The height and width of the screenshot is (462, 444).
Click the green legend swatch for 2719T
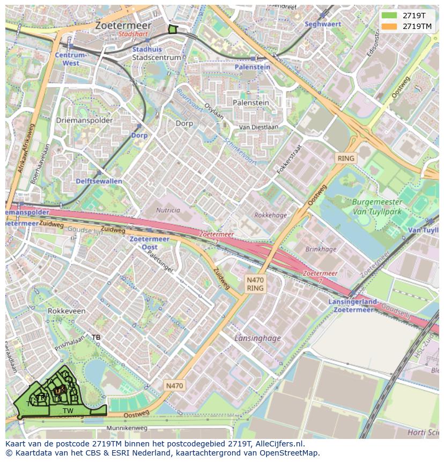pyautogui.click(x=389, y=16)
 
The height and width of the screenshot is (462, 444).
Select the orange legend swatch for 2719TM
pyautogui.click(x=389, y=26)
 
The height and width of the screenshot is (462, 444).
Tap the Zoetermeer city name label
pyautogui.click(x=123, y=25)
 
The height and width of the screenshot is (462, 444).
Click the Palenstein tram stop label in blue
pyautogui.click(x=252, y=67)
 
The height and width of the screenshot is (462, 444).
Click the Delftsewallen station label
pyautogui.click(x=99, y=181)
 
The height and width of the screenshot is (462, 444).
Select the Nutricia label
pyautogui.click(x=168, y=210)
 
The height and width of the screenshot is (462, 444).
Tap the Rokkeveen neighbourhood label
pyautogui.click(x=66, y=311)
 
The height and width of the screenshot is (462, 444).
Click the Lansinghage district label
pyautogui.click(x=257, y=338)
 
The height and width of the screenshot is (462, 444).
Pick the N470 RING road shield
pyautogui.click(x=255, y=284)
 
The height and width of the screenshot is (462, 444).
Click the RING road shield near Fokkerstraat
pyautogui.click(x=346, y=158)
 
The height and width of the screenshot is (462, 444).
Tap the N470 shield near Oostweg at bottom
pyautogui.click(x=174, y=385)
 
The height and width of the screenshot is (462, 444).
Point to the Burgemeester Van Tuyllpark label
pyautogui.click(x=377, y=207)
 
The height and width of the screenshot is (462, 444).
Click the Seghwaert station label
pyautogui.click(x=323, y=24)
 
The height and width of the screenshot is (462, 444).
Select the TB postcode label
pyautogui.click(x=96, y=338)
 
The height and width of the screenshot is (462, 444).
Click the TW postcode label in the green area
pyautogui.click(x=68, y=411)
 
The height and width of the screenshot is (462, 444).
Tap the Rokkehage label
pyautogui.click(x=270, y=216)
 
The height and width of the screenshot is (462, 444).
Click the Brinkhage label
pyautogui.click(x=321, y=249)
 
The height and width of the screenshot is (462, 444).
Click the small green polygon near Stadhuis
pyautogui.click(x=172, y=30)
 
